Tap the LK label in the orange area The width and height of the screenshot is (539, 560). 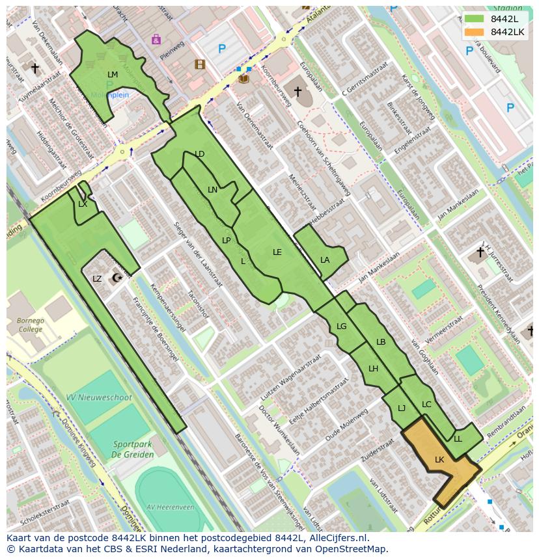click(439, 460)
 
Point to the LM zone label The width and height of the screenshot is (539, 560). click(113, 75)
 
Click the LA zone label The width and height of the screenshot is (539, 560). click(325, 260)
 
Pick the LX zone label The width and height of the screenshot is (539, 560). click(83, 204)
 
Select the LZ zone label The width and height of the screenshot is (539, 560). click(97, 279)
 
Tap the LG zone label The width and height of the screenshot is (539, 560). click(342, 327)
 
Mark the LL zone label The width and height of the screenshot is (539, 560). click(458, 439)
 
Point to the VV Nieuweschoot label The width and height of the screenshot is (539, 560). click(99, 397)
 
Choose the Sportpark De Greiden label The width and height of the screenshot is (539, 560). click(132, 449)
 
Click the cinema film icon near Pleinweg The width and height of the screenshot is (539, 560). click(199, 64)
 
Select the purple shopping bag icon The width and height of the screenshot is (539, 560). click(156, 40)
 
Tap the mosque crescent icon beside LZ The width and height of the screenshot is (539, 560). click(117, 278)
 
